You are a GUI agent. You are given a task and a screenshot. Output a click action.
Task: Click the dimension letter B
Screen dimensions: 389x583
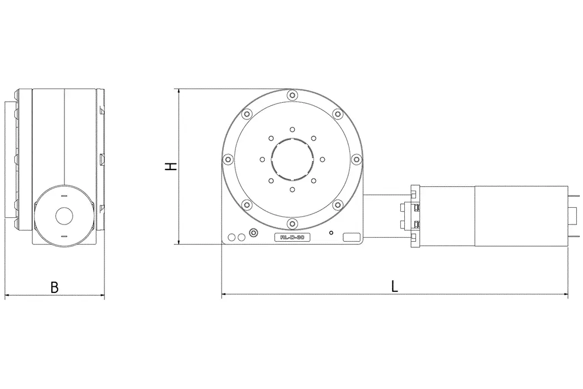pos(54,287)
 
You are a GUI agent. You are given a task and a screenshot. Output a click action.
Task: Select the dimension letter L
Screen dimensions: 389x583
pos(394,286)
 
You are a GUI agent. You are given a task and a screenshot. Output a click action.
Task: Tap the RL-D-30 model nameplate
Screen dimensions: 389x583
pos(292,237)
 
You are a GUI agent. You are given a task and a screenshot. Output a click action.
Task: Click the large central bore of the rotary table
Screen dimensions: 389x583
pos(292,159)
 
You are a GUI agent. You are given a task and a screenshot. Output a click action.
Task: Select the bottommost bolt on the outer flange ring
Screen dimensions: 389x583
pos(292,224)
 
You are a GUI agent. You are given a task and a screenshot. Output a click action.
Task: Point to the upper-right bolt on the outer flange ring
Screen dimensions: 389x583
pos(338,114)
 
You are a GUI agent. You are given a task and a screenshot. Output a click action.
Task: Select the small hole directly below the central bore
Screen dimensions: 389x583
pos(292,189)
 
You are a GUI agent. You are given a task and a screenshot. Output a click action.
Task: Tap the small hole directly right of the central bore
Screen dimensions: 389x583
pos(322,159)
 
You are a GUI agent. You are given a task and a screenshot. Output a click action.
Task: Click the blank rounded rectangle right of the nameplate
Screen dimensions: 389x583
pos(351,237)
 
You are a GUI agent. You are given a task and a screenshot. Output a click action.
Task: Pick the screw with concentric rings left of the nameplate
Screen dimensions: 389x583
pos(254,232)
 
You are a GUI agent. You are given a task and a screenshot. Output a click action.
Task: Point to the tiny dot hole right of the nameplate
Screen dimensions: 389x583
pos(331,232)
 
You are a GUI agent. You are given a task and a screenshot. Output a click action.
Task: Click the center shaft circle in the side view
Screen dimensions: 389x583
pos(64,216)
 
